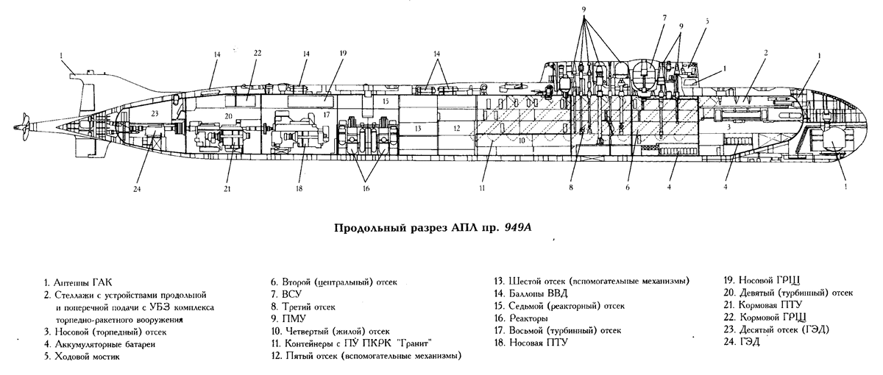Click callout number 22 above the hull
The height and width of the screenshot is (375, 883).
click(x=258, y=53)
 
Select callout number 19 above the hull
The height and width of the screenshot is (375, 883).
click(x=343, y=53)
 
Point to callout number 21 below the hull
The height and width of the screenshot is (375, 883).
click(x=227, y=188)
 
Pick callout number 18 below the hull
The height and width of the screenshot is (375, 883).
click(x=299, y=188)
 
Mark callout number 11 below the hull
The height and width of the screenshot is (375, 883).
click(x=482, y=188)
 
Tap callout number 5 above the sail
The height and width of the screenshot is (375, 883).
click(x=706, y=22)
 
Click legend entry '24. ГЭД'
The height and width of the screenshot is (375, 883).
click(x=744, y=343)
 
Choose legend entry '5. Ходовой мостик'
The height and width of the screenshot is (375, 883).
click(x=82, y=357)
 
